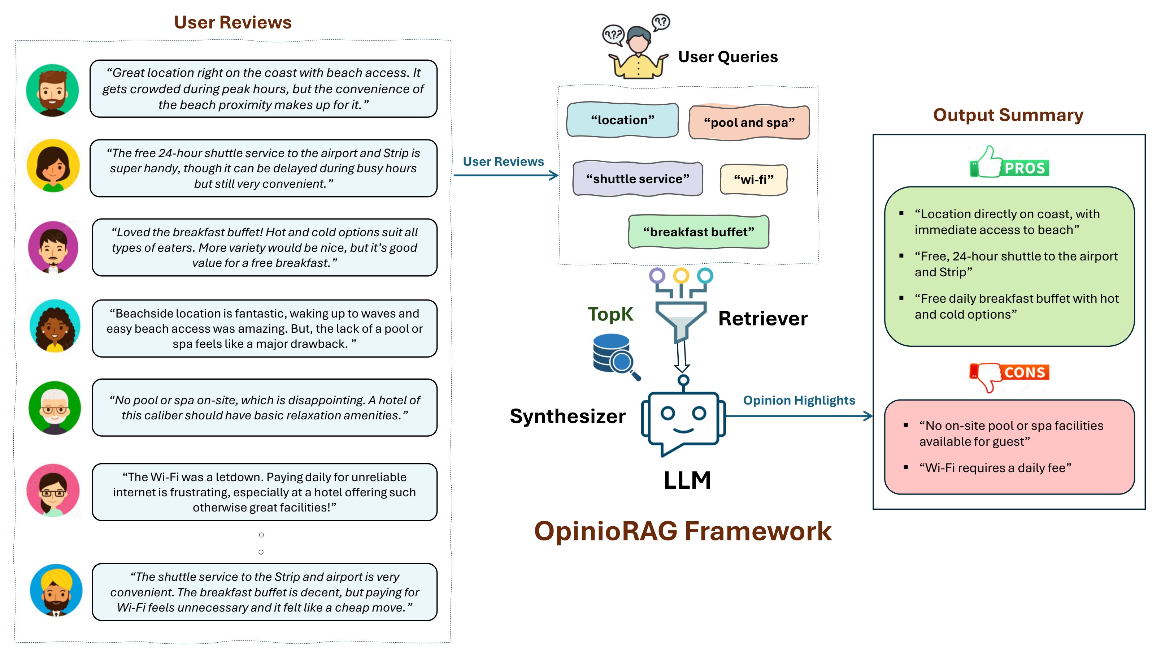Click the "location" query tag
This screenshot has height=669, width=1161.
coord(622,120)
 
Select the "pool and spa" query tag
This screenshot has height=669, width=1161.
coord(749,122)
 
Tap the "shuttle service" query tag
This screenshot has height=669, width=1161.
coord(638,178)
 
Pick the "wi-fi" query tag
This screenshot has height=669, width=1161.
coord(753,179)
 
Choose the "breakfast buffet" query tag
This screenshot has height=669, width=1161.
coord(698,232)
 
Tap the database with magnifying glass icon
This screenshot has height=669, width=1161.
coord(615,357)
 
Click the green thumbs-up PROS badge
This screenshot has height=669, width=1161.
coord(1009,162)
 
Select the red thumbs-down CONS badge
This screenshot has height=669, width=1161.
coord(1009,376)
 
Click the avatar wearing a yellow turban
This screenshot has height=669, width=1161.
coord(56,590)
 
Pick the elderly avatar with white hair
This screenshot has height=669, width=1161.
coord(55,407)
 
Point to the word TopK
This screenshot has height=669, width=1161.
coord(610,314)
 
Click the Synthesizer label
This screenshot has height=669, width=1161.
coord(568,416)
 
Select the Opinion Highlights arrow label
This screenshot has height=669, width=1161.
coord(799,400)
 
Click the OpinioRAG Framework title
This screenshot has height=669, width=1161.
coord(683,531)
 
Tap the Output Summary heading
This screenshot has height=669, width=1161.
coord(1008,115)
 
